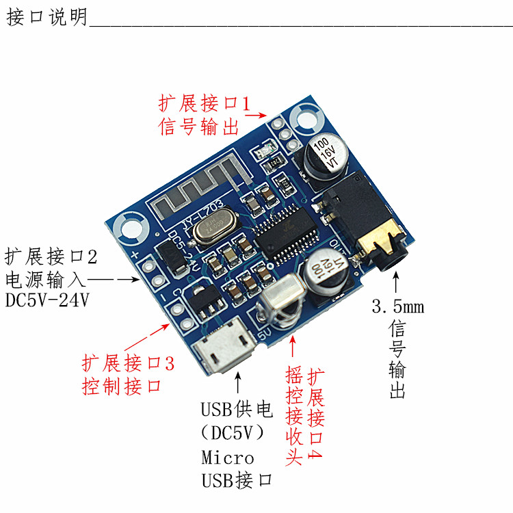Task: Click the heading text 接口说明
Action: [47, 17]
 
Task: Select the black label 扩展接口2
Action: [51, 257]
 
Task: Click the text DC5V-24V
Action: [47, 300]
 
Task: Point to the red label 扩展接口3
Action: [129, 363]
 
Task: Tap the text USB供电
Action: [237, 410]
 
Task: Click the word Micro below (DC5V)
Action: [228, 458]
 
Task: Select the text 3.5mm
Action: [397, 306]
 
